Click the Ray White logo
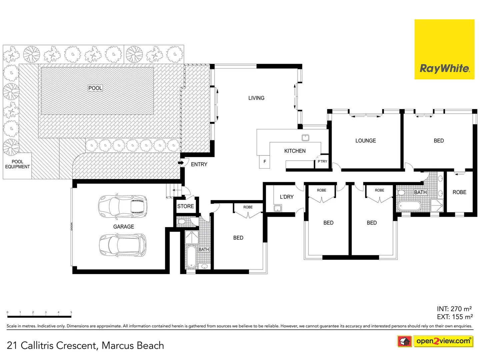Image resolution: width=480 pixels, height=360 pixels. [x=444, y=49]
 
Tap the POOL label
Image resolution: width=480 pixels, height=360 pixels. [x=95, y=88]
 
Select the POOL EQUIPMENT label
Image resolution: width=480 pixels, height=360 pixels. [x=17, y=164]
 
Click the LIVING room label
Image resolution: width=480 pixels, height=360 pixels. [x=256, y=98]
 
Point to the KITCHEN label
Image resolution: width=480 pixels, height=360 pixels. [x=295, y=151]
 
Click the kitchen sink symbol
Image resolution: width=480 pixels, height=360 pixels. [x=305, y=138]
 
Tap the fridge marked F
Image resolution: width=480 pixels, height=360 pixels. [x=265, y=162]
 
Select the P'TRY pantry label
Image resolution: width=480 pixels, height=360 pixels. [x=322, y=161]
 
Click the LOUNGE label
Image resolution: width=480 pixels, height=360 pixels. [x=365, y=141]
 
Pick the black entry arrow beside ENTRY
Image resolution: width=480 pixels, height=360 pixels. [x=181, y=163]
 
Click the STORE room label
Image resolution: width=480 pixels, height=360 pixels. [x=185, y=206]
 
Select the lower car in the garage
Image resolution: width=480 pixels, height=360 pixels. [x=123, y=245]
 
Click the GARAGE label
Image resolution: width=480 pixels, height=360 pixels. [x=123, y=227]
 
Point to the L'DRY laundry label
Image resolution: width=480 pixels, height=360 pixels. [x=287, y=197]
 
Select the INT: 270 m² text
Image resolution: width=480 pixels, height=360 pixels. [x=454, y=309]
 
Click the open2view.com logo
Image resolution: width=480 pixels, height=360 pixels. [x=443, y=341]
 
